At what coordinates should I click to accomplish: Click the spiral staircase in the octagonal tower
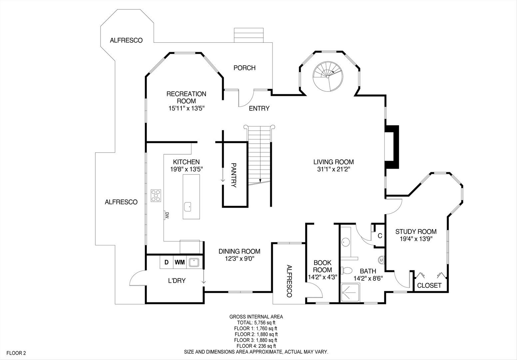(x=328, y=76)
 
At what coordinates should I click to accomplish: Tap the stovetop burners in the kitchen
(x=156, y=196)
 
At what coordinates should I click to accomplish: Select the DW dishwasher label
(x=167, y=215)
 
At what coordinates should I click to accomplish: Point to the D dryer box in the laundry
(x=167, y=262)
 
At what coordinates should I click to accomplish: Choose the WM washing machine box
(x=180, y=262)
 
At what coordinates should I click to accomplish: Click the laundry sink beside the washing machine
(x=194, y=262)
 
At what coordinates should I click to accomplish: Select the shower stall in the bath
(x=350, y=292)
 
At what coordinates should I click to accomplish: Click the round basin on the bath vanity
(x=345, y=242)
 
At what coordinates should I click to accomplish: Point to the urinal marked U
(x=381, y=260)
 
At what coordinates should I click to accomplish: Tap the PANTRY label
(x=234, y=175)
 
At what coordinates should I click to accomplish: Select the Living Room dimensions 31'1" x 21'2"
(x=334, y=169)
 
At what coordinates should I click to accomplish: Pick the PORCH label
(x=245, y=68)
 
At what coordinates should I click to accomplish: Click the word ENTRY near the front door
(x=259, y=108)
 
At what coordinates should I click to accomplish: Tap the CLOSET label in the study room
(x=429, y=285)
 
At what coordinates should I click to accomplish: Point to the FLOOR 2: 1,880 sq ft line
(x=256, y=334)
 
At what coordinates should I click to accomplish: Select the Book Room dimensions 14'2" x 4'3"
(x=323, y=277)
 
